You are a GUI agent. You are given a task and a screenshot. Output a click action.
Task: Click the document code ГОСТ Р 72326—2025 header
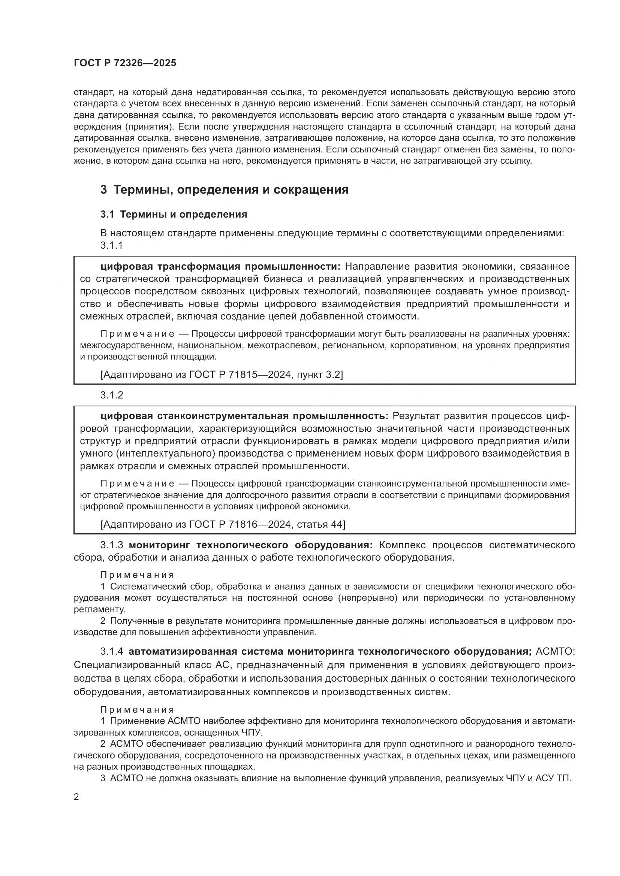point(125,63)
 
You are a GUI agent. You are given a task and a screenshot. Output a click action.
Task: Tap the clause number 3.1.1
point(111,245)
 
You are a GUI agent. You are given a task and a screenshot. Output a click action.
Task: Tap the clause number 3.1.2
point(111,395)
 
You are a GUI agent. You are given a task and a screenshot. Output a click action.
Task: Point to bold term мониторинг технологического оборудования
point(250,545)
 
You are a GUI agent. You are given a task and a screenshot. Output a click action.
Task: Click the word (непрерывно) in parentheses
point(368,598)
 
